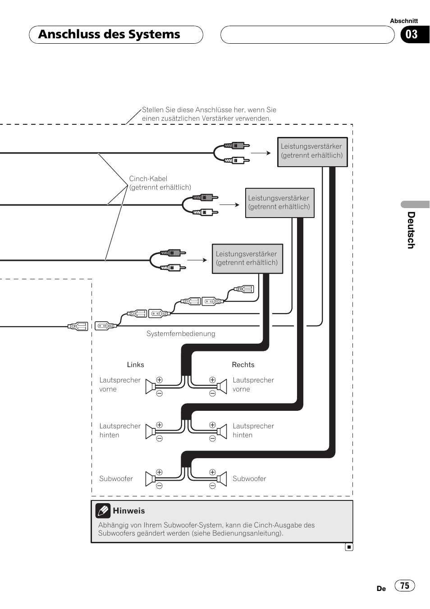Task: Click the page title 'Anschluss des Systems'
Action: [x=109, y=35]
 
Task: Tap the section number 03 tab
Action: [x=412, y=35]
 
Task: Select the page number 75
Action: [x=405, y=586]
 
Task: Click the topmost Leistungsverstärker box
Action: [x=312, y=152]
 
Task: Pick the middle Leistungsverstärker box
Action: [x=279, y=203]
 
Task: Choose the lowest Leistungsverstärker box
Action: [x=247, y=259]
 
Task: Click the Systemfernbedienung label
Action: [x=181, y=334]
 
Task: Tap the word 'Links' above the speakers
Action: [x=135, y=365]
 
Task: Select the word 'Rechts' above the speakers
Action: [x=243, y=365]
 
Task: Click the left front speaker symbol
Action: [x=150, y=387]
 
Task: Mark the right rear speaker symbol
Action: [x=222, y=432]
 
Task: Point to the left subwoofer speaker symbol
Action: [x=150, y=479]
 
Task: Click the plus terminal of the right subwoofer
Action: [x=212, y=472]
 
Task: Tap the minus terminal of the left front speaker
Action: [x=159, y=394]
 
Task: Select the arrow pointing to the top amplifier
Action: [x=261, y=153]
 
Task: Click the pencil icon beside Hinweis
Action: [x=103, y=510]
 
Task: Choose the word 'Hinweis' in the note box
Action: [x=129, y=511]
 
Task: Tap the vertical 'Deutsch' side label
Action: [x=411, y=230]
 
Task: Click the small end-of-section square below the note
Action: [x=349, y=547]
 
